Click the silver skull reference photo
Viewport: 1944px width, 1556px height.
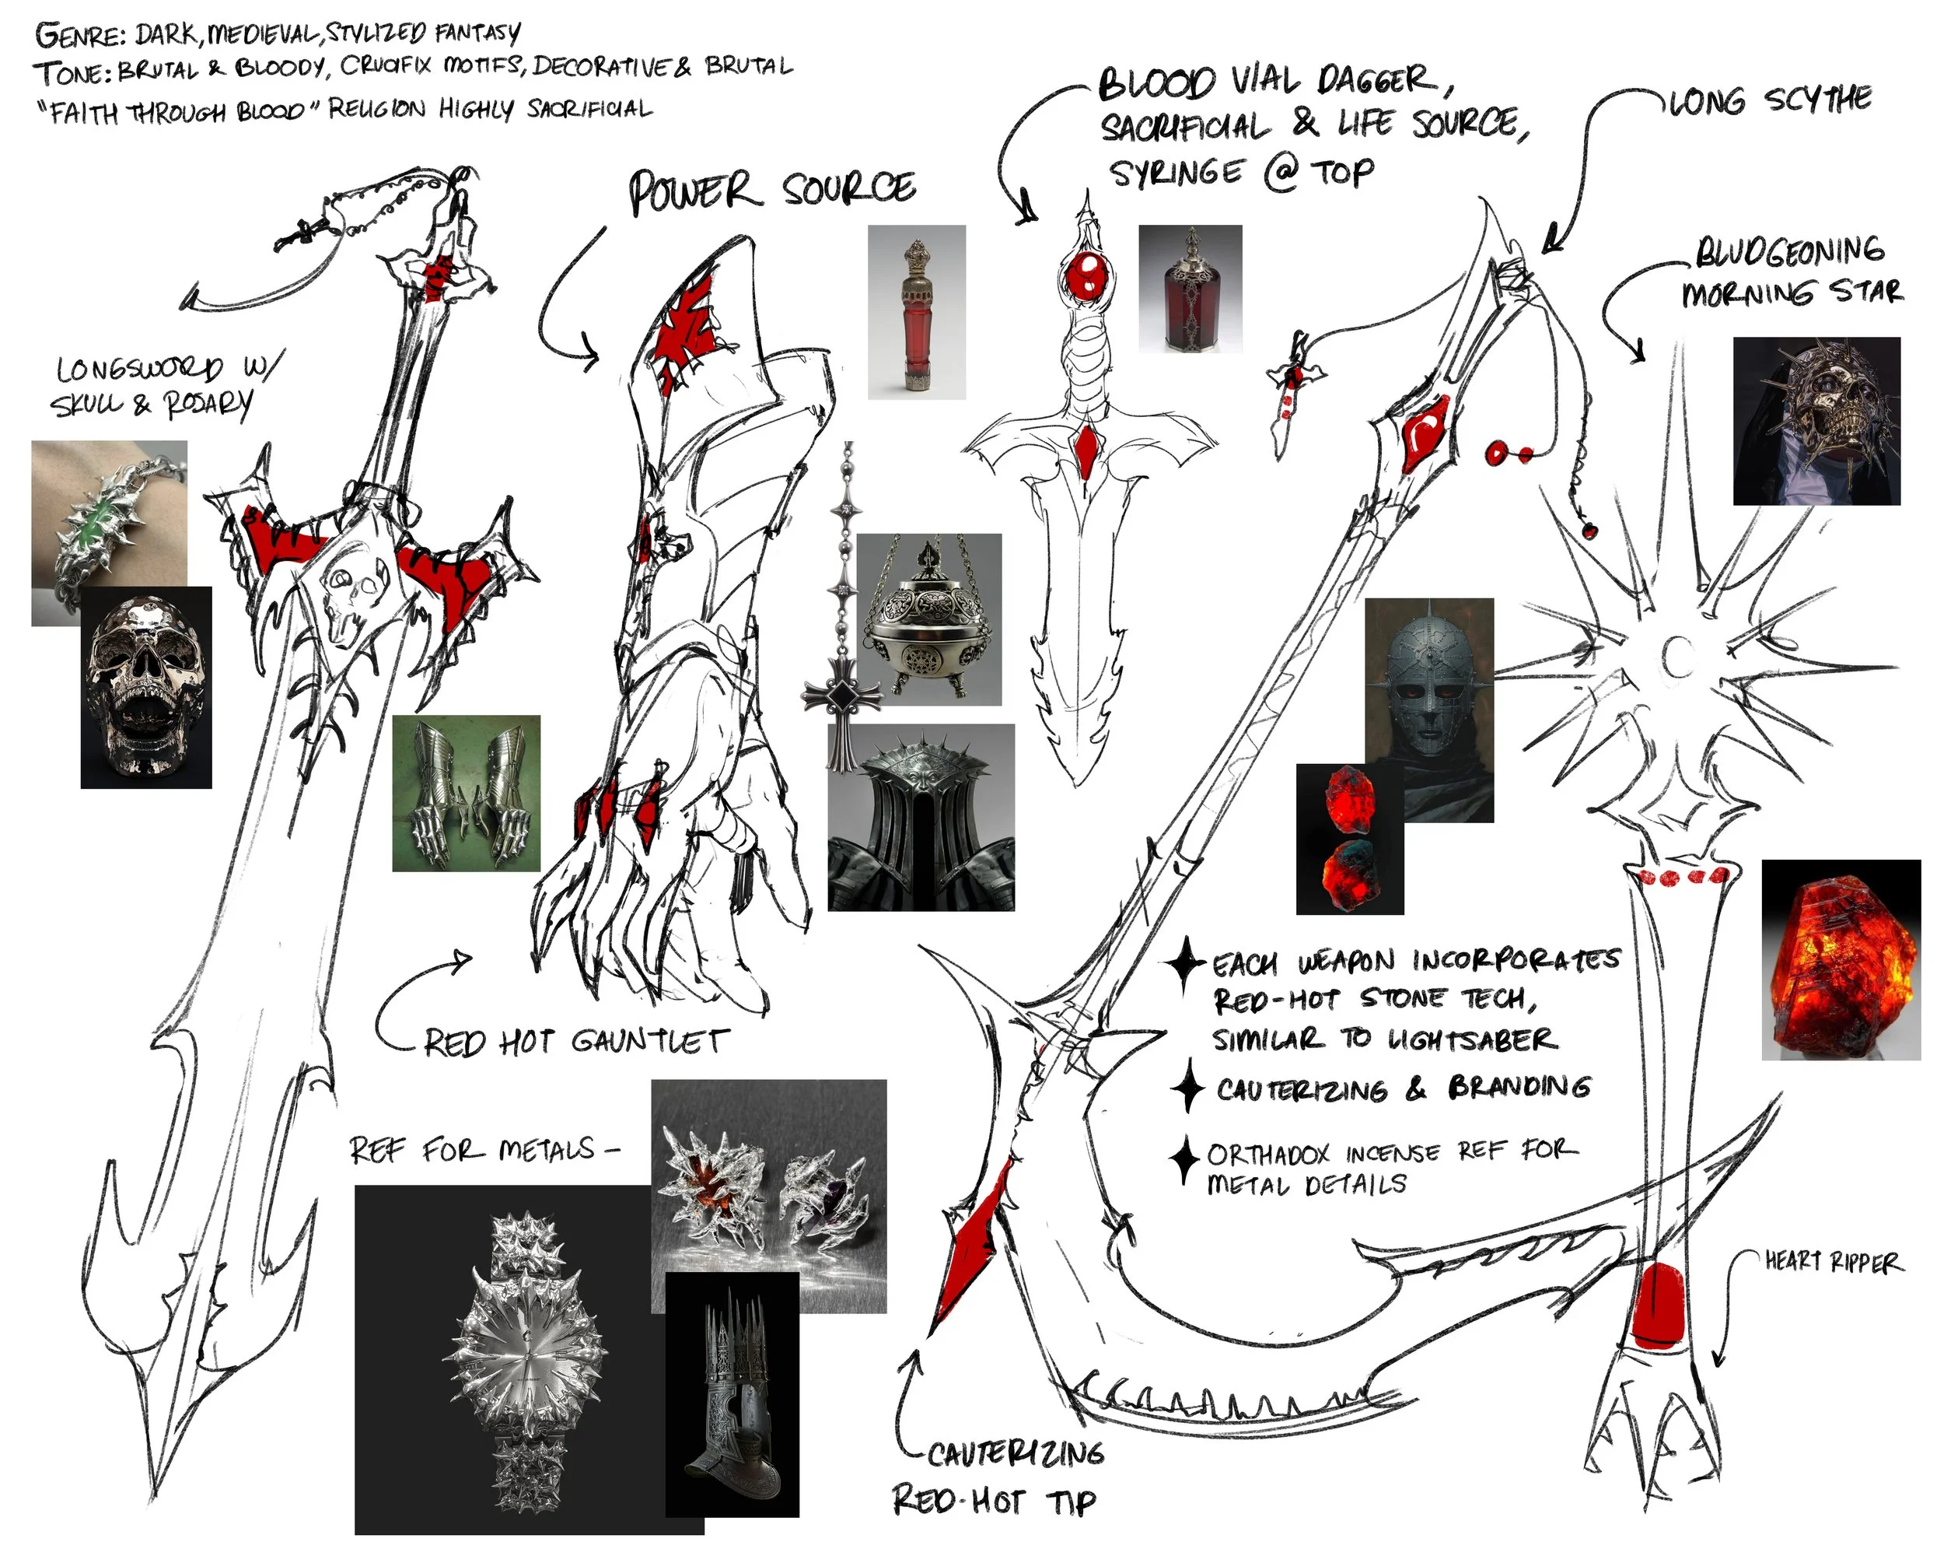click(x=146, y=687)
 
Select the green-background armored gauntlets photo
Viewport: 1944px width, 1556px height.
click(x=466, y=793)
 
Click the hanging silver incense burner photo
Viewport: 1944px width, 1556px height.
click(x=928, y=620)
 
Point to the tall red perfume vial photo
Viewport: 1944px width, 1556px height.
click(x=916, y=312)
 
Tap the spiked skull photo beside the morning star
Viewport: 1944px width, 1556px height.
click(x=1817, y=420)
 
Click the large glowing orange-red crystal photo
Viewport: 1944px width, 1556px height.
click(x=1841, y=960)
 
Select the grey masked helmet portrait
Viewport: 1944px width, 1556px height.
click(x=1429, y=710)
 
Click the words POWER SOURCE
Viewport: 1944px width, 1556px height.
click(x=772, y=191)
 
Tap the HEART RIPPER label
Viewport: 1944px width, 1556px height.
click(x=1833, y=1262)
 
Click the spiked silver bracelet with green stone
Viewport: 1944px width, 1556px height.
click(x=109, y=533)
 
